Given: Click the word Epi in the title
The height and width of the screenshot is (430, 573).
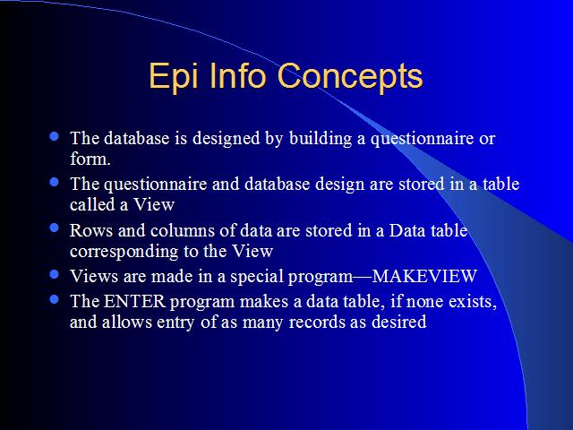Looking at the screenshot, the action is [x=174, y=77].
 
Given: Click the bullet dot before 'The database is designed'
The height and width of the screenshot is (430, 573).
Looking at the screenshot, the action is [x=54, y=136].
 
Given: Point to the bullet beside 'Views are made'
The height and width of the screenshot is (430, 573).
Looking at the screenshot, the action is [x=54, y=274].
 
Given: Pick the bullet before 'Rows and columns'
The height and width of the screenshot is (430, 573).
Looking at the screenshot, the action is [x=54, y=228].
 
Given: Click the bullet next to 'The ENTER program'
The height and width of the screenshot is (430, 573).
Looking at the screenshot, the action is [x=54, y=300].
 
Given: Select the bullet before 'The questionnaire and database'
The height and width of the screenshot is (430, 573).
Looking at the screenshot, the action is [x=54, y=182].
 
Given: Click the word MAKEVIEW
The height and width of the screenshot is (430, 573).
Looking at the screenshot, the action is [x=424, y=276].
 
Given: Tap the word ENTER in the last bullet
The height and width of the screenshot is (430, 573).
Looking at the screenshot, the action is [x=135, y=301].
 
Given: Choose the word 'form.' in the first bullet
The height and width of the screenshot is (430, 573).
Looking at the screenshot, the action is [x=90, y=159].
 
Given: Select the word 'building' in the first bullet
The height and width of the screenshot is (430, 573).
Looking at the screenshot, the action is [x=321, y=139].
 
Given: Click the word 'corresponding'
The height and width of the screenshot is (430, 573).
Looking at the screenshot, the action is [x=124, y=252].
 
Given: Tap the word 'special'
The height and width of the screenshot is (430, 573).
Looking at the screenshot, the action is [x=257, y=277].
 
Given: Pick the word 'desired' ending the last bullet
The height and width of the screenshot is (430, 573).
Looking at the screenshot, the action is [x=399, y=322].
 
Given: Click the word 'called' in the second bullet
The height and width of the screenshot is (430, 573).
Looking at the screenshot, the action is [x=93, y=204].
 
